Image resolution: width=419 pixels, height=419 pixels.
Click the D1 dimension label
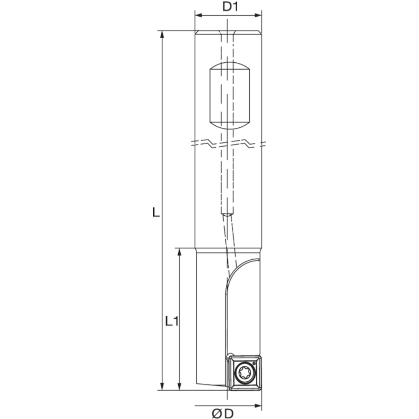click(230, 7)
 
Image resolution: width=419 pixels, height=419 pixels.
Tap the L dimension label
click(156, 213)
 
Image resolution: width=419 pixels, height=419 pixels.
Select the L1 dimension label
click(172, 321)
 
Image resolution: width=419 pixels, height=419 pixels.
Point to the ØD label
click(223, 414)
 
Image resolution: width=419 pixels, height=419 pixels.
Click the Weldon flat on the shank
click(229, 95)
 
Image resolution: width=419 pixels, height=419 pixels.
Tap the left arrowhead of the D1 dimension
click(199, 15)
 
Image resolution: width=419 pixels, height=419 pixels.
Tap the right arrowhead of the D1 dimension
click(258, 15)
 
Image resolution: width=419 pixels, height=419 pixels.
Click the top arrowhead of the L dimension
click(162, 34)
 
